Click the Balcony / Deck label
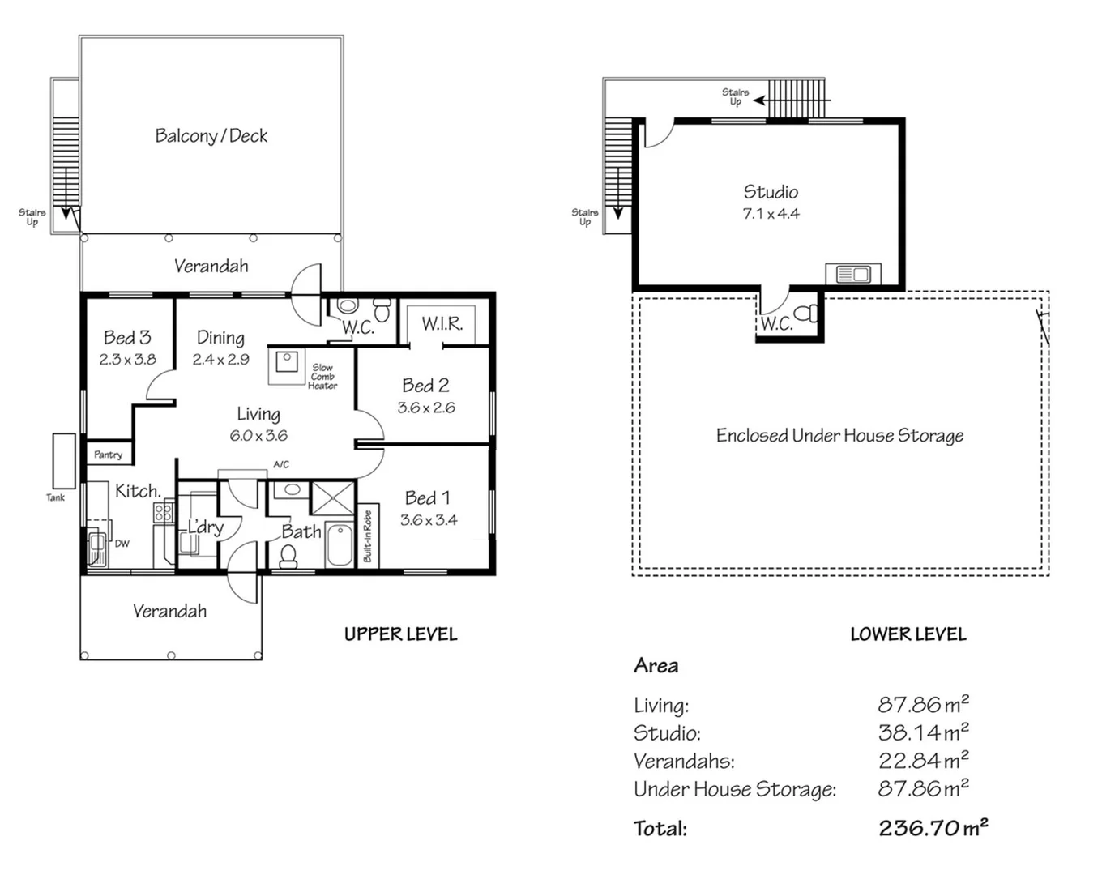pyautogui.click(x=211, y=136)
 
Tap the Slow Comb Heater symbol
pyautogui.click(x=286, y=363)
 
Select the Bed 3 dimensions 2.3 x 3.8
pyautogui.click(x=127, y=360)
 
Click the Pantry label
pyautogui.click(x=108, y=455)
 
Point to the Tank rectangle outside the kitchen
pyautogui.click(x=64, y=460)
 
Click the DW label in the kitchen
pyautogui.click(x=122, y=544)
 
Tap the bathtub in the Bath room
pyautogui.click(x=340, y=545)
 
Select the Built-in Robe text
pyautogui.click(x=367, y=536)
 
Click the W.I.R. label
pyautogui.click(x=442, y=324)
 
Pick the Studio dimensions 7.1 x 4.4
pyautogui.click(x=771, y=214)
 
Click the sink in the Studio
pyautogui.click(x=852, y=275)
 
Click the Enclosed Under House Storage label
pyautogui.click(x=839, y=436)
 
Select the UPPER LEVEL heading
pyautogui.click(x=400, y=634)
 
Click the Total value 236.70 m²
pyautogui.click(x=933, y=828)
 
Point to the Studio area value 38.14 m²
pyautogui.click(x=923, y=733)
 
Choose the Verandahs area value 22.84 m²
pyautogui.click(x=923, y=761)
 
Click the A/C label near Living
pyautogui.click(x=280, y=465)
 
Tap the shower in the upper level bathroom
pyautogui.click(x=333, y=498)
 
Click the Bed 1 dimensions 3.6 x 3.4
pyautogui.click(x=429, y=520)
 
